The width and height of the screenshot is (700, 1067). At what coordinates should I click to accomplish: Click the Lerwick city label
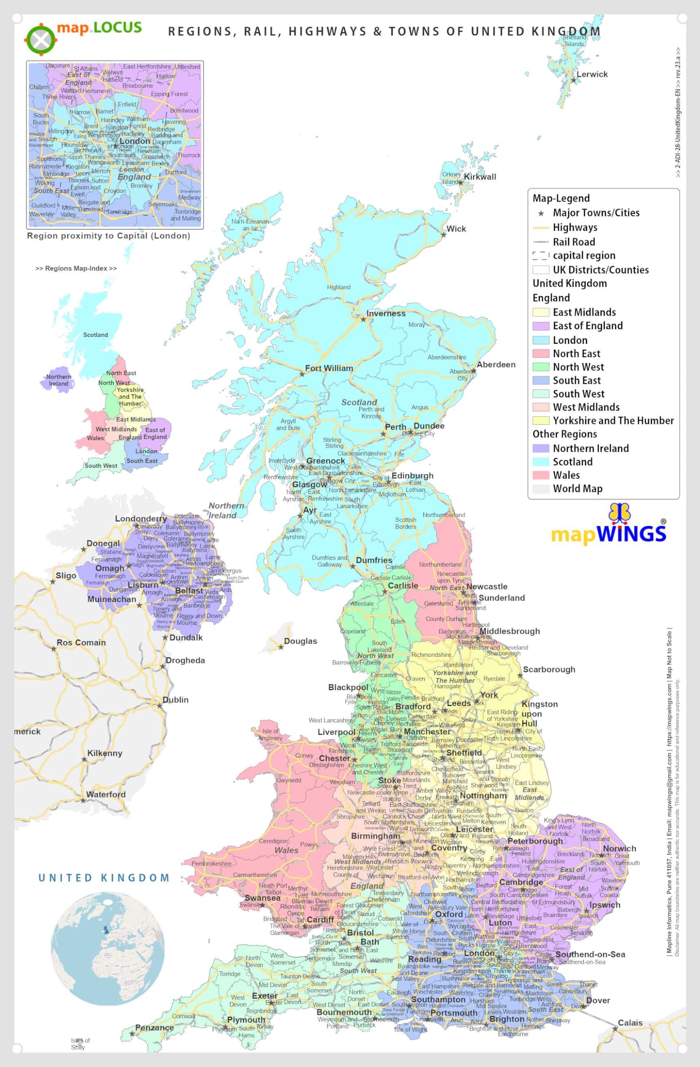(592, 75)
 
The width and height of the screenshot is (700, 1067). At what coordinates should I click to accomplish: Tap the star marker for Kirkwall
(460, 183)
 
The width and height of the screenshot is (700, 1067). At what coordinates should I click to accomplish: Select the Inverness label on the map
(385, 313)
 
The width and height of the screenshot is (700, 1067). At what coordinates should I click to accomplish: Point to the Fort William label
(329, 368)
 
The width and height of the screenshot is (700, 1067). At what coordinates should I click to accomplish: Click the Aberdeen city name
(496, 364)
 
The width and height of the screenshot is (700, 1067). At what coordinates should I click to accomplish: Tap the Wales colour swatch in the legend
(540, 475)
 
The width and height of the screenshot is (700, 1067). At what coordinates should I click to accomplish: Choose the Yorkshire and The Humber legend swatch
(540, 421)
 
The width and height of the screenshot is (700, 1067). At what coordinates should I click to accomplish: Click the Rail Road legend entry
(574, 242)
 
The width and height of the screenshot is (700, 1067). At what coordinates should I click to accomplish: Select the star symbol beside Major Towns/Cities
(541, 213)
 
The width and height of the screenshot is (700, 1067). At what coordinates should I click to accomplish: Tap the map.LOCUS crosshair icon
(41, 40)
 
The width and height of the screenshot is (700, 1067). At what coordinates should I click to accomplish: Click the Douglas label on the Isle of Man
(300, 641)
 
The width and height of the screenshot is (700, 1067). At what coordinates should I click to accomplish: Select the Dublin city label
(175, 700)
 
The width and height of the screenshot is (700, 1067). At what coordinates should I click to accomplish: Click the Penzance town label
(154, 1027)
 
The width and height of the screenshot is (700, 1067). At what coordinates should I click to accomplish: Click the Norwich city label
(619, 849)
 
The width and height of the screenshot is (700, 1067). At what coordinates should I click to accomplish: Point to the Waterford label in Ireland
(106, 794)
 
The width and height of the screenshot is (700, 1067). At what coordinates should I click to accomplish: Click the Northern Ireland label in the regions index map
(59, 380)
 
